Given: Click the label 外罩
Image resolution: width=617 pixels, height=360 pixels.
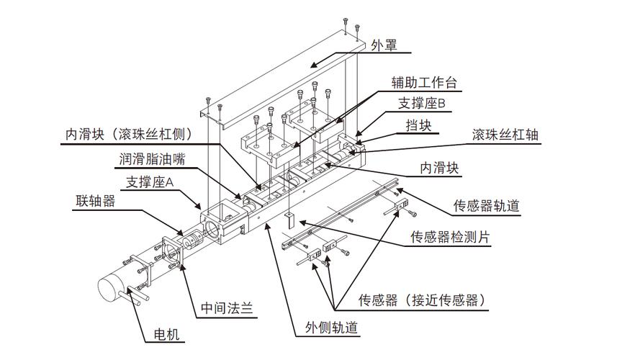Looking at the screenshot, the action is (x=384, y=45).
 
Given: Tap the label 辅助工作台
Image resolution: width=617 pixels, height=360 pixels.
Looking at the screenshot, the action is (x=424, y=83).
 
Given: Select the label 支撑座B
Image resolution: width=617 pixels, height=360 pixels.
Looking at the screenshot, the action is (x=421, y=104).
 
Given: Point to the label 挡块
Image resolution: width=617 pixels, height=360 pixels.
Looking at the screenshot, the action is (x=419, y=125).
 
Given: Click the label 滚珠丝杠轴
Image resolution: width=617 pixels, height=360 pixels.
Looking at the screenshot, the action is (x=505, y=135).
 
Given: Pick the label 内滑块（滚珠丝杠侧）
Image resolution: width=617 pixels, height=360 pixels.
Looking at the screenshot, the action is (x=129, y=134).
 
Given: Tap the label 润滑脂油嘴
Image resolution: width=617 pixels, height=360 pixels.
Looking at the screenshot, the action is (x=153, y=159).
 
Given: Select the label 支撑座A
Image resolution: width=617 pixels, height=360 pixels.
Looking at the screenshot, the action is (x=150, y=181).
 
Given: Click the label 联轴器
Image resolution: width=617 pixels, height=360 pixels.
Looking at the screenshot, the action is (x=96, y=201).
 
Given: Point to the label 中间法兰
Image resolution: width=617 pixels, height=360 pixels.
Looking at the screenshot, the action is (x=227, y=307).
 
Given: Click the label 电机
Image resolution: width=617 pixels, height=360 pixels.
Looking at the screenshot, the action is (x=166, y=334).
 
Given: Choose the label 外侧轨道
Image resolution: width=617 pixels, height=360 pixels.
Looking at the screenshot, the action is (x=332, y=328).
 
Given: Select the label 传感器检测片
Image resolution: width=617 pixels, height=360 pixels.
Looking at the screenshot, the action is (x=450, y=237).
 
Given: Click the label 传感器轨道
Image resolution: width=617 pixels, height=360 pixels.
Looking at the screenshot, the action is (x=487, y=205).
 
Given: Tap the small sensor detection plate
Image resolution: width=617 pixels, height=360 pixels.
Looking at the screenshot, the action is (x=290, y=220).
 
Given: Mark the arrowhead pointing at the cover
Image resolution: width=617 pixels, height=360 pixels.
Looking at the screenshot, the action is (x=313, y=65).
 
